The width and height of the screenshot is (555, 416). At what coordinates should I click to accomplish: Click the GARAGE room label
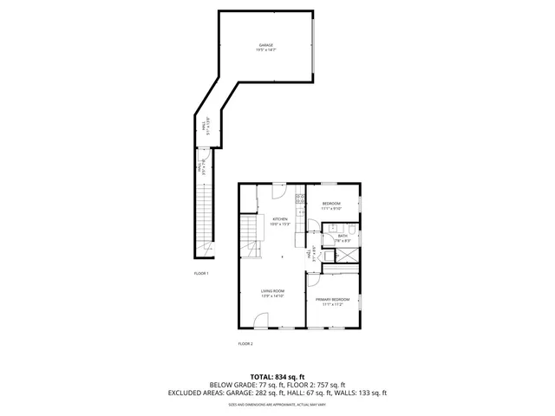click(x=264, y=44)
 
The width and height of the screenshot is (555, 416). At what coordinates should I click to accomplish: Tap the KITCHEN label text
click(x=280, y=218)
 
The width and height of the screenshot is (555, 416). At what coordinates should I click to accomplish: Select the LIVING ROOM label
click(x=272, y=291)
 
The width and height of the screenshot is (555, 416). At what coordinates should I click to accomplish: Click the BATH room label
click(x=343, y=236)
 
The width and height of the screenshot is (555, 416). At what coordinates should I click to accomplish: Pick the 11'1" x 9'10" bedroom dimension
click(x=332, y=209)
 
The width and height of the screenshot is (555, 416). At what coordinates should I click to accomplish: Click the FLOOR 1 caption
click(x=201, y=273)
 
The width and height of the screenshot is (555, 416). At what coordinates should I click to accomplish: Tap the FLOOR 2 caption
click(x=245, y=344)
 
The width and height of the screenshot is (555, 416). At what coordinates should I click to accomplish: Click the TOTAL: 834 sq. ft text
click(x=277, y=376)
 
